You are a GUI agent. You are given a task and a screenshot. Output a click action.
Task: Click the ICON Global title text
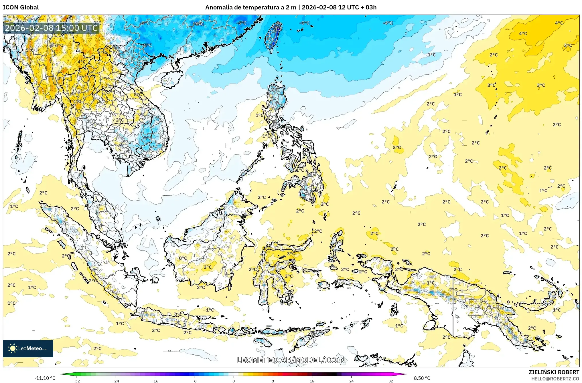21,7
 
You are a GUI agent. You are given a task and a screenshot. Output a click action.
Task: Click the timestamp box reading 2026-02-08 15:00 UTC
51,28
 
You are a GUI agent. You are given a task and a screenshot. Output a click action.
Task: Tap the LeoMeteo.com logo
28,348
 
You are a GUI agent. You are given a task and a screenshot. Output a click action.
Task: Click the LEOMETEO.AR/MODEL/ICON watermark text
291,360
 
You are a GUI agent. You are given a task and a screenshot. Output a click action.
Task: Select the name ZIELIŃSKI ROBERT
554,372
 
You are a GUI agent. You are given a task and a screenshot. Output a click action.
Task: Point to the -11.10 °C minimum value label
45,378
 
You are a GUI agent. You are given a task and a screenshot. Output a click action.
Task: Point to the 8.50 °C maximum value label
422,378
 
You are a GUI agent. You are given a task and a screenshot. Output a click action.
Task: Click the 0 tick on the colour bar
234,381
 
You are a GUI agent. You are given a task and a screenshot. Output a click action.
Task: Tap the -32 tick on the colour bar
76,381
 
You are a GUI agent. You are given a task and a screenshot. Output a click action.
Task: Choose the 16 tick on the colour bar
312,381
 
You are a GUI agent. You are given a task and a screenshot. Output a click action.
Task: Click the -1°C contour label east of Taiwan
431,55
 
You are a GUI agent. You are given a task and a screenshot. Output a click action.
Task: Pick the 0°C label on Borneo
183,258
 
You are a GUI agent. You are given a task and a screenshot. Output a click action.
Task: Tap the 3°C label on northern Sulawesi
291,253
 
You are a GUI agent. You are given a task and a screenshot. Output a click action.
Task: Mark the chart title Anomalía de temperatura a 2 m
250,7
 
